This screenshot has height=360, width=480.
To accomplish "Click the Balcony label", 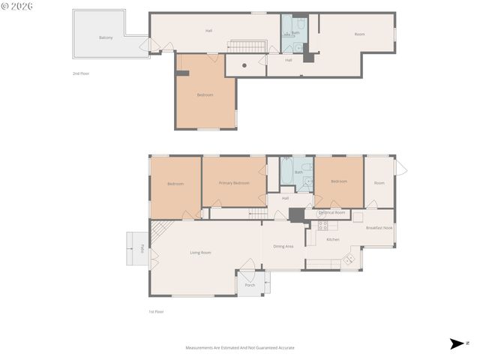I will tap(106, 37).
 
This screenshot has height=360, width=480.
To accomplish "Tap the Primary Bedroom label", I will tap(234, 183).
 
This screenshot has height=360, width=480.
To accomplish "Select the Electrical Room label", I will tap(331, 213).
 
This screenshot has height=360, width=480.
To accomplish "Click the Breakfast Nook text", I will tap(379, 228).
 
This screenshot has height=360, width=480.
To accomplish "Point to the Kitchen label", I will tap(333, 239).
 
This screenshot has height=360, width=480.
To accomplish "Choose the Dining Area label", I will tap(283, 246).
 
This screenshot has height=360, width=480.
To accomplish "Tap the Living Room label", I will tap(200, 253).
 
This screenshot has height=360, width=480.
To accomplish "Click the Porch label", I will tap(250, 285).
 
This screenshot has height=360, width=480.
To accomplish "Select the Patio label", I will tap(142, 249).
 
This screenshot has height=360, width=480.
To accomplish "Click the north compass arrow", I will tap(457, 343).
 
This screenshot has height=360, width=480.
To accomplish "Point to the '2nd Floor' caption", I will tap(80, 73).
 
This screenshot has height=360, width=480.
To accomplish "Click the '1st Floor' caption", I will tap(156, 311).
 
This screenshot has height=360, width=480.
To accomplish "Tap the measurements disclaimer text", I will tap(240, 348).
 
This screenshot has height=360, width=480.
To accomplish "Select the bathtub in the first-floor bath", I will tap(286, 172).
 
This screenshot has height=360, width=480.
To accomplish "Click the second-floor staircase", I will tap(247, 46).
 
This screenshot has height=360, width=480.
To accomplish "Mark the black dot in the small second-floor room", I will tap(244, 65).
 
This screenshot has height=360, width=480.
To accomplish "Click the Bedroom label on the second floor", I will tap(205, 94).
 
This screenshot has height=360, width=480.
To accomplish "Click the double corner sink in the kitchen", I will tap(349, 259).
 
